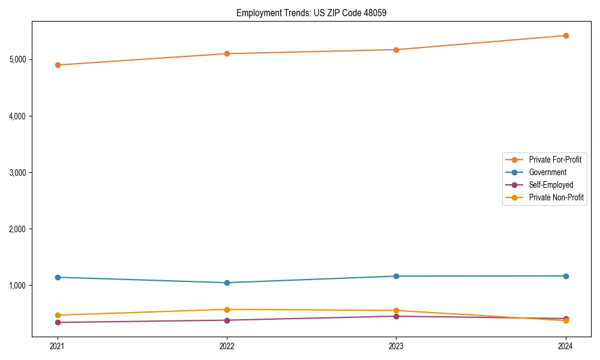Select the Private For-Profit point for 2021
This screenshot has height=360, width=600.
[58, 65]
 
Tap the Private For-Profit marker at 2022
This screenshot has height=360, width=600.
[227, 53]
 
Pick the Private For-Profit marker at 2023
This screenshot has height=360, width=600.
[396, 50]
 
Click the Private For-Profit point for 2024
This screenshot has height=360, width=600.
[566, 35]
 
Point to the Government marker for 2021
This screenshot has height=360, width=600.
[58, 277]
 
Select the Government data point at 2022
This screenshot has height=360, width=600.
[227, 283]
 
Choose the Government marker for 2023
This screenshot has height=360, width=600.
[396, 276]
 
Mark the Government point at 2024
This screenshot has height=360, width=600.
[566, 276]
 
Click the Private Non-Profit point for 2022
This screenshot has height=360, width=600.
[227, 310]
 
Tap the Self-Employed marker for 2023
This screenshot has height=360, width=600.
[396, 316]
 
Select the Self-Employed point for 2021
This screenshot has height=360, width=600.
[58, 322]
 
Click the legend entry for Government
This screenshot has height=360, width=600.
[547, 172]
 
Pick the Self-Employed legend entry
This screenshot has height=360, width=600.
[551, 185]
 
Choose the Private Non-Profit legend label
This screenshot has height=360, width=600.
[556, 197]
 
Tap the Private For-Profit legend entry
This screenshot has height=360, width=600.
[555, 160]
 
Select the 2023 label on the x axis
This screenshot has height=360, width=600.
[396, 346]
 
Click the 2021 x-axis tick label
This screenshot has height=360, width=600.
[58, 346]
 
